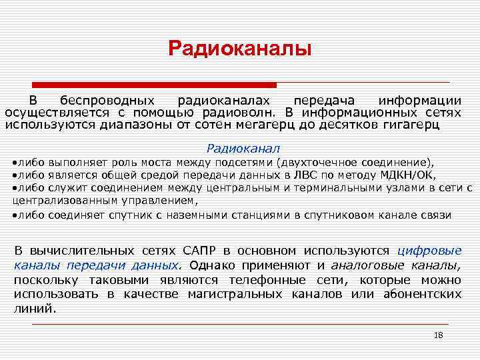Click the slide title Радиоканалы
point(239,49)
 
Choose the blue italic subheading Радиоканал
point(243,148)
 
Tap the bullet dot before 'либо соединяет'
point(14,215)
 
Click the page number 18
point(438,335)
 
